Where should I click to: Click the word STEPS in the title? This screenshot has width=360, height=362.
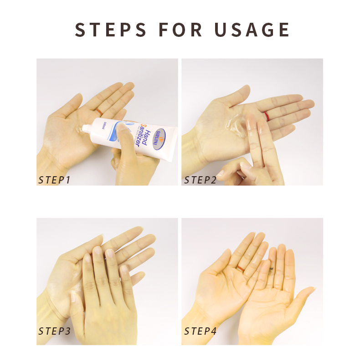pos(111,30)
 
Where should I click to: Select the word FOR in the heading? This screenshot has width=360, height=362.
pos(181,30)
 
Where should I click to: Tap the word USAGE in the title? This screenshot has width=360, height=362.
pos(252,30)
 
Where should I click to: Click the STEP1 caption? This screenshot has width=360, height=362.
pos(54,180)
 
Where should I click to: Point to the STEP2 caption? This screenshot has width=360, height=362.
pos(200,180)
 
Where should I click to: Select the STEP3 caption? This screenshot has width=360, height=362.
pos(54,331)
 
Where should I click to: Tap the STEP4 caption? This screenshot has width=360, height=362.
pos(200,331)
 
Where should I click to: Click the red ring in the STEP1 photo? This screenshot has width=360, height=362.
pos(98,111)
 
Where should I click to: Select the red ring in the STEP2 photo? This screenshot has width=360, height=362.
pos(266,116)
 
